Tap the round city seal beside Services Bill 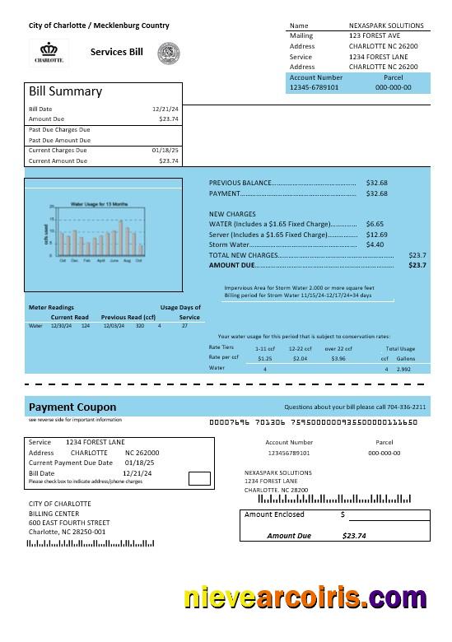(168, 53)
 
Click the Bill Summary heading (66, 91)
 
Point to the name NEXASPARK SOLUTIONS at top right (387, 26)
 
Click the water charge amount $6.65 (375, 224)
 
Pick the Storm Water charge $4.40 (375, 244)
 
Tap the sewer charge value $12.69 (376, 235)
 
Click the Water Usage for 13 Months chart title (99, 202)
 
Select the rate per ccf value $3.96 (338, 359)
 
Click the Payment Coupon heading (72, 407)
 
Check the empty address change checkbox (198, 478)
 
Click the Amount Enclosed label (274, 514)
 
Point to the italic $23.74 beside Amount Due (354, 536)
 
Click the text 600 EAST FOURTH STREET (69, 523)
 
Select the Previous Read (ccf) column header (128, 317)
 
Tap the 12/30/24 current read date (61, 326)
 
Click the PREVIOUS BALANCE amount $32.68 (376, 183)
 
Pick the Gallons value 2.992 (403, 370)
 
